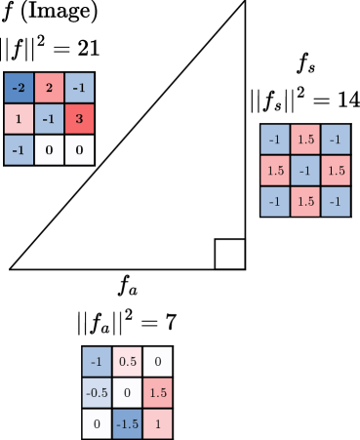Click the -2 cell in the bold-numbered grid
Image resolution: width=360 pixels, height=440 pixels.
[x=19, y=89]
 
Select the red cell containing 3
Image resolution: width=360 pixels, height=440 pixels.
[x=79, y=119]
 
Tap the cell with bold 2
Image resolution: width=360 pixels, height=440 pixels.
[x=49, y=89]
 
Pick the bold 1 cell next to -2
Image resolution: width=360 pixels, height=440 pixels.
[x=19, y=119]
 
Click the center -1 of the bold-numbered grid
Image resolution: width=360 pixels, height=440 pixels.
[x=49, y=119]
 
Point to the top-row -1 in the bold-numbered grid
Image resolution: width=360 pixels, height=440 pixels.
[x=79, y=89]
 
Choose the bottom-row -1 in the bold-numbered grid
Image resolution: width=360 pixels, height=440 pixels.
[x=19, y=149]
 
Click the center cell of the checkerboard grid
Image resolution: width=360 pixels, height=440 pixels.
[x=305, y=171]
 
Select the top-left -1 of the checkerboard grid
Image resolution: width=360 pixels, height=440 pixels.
[x=275, y=140]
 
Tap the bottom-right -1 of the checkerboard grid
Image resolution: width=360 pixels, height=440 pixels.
[x=336, y=201]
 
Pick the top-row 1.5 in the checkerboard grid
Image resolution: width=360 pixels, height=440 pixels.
[x=305, y=140]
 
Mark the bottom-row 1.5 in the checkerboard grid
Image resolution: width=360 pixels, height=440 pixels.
[x=305, y=201]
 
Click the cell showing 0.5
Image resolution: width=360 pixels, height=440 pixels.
[x=127, y=362]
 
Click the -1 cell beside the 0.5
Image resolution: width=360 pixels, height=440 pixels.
[x=97, y=362]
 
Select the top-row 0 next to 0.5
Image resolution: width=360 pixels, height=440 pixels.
[x=157, y=362]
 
